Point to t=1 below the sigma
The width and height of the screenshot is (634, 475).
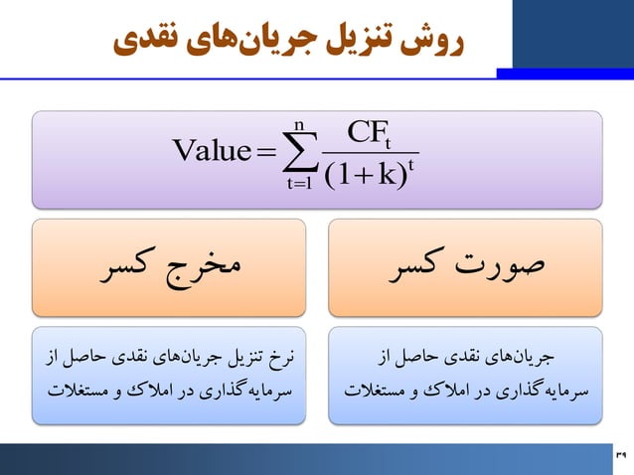pyautogui.click(x=297, y=183)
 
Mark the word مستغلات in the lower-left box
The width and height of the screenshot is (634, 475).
pyautogui.click(x=79, y=388)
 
